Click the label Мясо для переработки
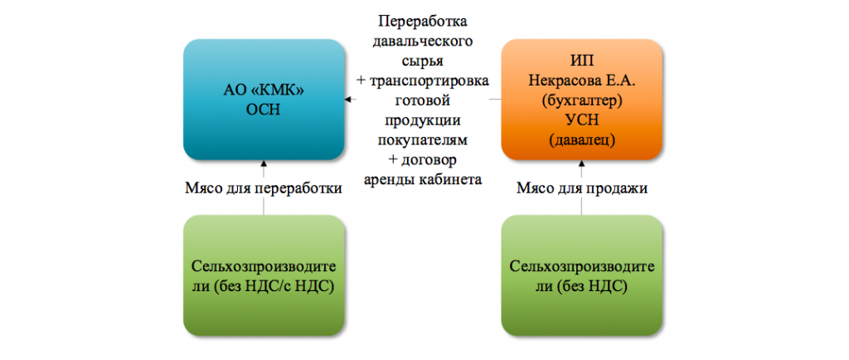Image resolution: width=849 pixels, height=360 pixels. (x=263, y=188)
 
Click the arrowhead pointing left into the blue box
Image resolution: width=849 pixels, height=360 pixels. (x=349, y=100)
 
